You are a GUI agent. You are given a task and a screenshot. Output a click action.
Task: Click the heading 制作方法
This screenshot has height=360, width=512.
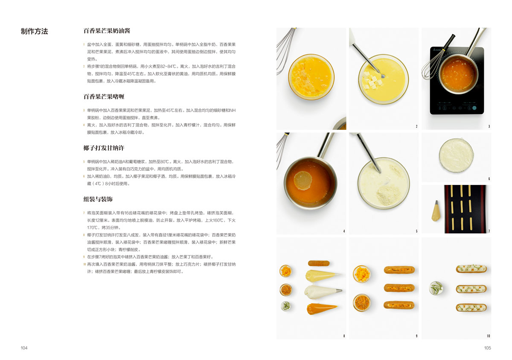(34, 31)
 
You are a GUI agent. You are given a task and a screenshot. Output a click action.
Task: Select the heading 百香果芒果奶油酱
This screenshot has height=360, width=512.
(107, 31)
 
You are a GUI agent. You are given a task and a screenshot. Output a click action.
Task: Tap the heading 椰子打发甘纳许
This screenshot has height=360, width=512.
(104, 148)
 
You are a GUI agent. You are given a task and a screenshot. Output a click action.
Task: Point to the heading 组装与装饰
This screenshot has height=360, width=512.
(98, 199)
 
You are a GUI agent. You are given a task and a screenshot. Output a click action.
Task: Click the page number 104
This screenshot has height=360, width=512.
(24, 348)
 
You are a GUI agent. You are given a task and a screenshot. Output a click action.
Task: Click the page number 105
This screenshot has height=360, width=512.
(488, 348)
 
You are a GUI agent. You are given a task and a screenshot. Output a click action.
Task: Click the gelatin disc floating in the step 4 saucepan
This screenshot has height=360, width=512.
(303, 181)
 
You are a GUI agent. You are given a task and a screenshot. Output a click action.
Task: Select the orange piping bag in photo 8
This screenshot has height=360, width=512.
(322, 308)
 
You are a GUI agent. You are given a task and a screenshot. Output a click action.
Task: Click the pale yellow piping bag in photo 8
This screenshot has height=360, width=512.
(323, 275)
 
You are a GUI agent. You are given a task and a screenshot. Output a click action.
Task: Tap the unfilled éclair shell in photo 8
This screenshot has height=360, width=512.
(319, 263)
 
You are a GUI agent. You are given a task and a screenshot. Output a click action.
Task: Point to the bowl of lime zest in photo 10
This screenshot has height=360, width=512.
(436, 288)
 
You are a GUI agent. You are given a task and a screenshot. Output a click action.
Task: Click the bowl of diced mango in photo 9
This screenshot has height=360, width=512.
(362, 274)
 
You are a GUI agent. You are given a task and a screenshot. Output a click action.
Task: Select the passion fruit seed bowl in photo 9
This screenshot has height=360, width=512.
(362, 303)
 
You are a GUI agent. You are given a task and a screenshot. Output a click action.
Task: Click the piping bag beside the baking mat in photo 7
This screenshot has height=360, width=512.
(436, 211)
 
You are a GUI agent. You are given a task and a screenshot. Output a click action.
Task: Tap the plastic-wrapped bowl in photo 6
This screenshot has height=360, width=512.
(456, 155)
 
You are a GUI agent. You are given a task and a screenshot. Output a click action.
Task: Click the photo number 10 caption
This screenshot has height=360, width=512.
(488, 336)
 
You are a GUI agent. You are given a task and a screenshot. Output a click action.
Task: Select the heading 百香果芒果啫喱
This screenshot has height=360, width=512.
(104, 97)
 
